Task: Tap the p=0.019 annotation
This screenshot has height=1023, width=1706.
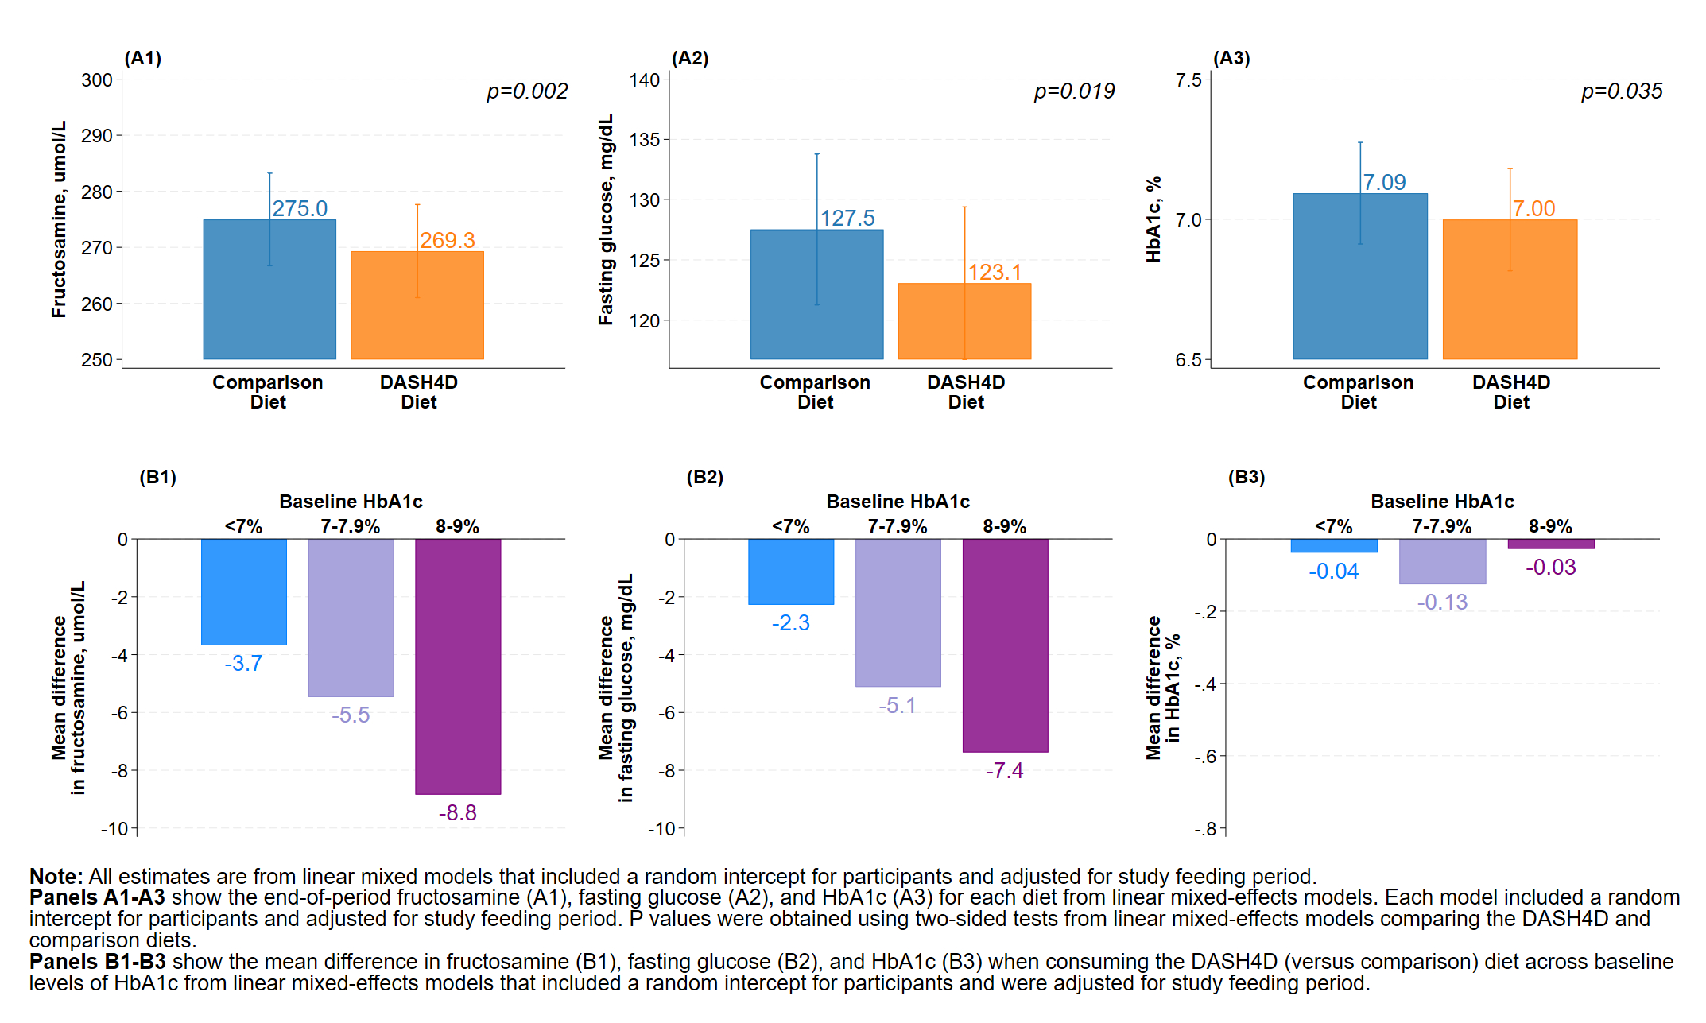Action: tap(1074, 91)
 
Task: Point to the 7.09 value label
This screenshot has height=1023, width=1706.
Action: tap(1384, 182)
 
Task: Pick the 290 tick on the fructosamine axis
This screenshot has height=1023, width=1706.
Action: tap(97, 136)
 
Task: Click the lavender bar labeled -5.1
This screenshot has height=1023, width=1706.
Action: tap(898, 612)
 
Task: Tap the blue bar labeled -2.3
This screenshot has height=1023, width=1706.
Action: tap(791, 572)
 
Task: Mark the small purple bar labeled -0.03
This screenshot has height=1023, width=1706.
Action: tap(1550, 544)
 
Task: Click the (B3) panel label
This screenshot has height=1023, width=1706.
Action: tap(1246, 477)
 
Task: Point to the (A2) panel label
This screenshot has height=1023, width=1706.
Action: tap(689, 58)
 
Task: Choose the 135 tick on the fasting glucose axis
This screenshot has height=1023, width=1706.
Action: tap(645, 140)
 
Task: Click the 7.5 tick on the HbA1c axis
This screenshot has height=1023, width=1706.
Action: tap(1188, 80)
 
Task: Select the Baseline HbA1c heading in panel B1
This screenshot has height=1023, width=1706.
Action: tap(351, 502)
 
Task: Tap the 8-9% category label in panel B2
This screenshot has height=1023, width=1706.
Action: tap(1004, 526)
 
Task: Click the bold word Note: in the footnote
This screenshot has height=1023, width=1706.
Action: tap(56, 876)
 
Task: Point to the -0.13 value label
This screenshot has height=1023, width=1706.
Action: tap(1442, 602)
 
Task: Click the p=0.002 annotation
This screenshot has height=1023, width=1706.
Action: tap(527, 91)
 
